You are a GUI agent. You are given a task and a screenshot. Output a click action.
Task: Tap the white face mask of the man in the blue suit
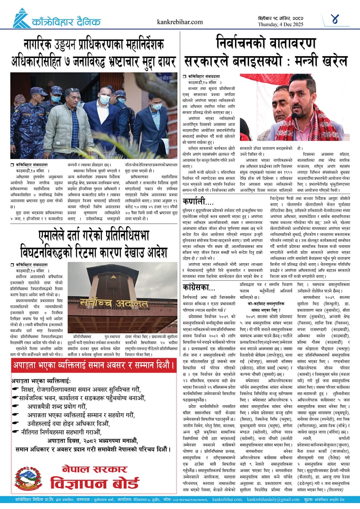(x=105, y=100)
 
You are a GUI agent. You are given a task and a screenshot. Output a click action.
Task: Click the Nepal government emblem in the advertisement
(x=29, y=478)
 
